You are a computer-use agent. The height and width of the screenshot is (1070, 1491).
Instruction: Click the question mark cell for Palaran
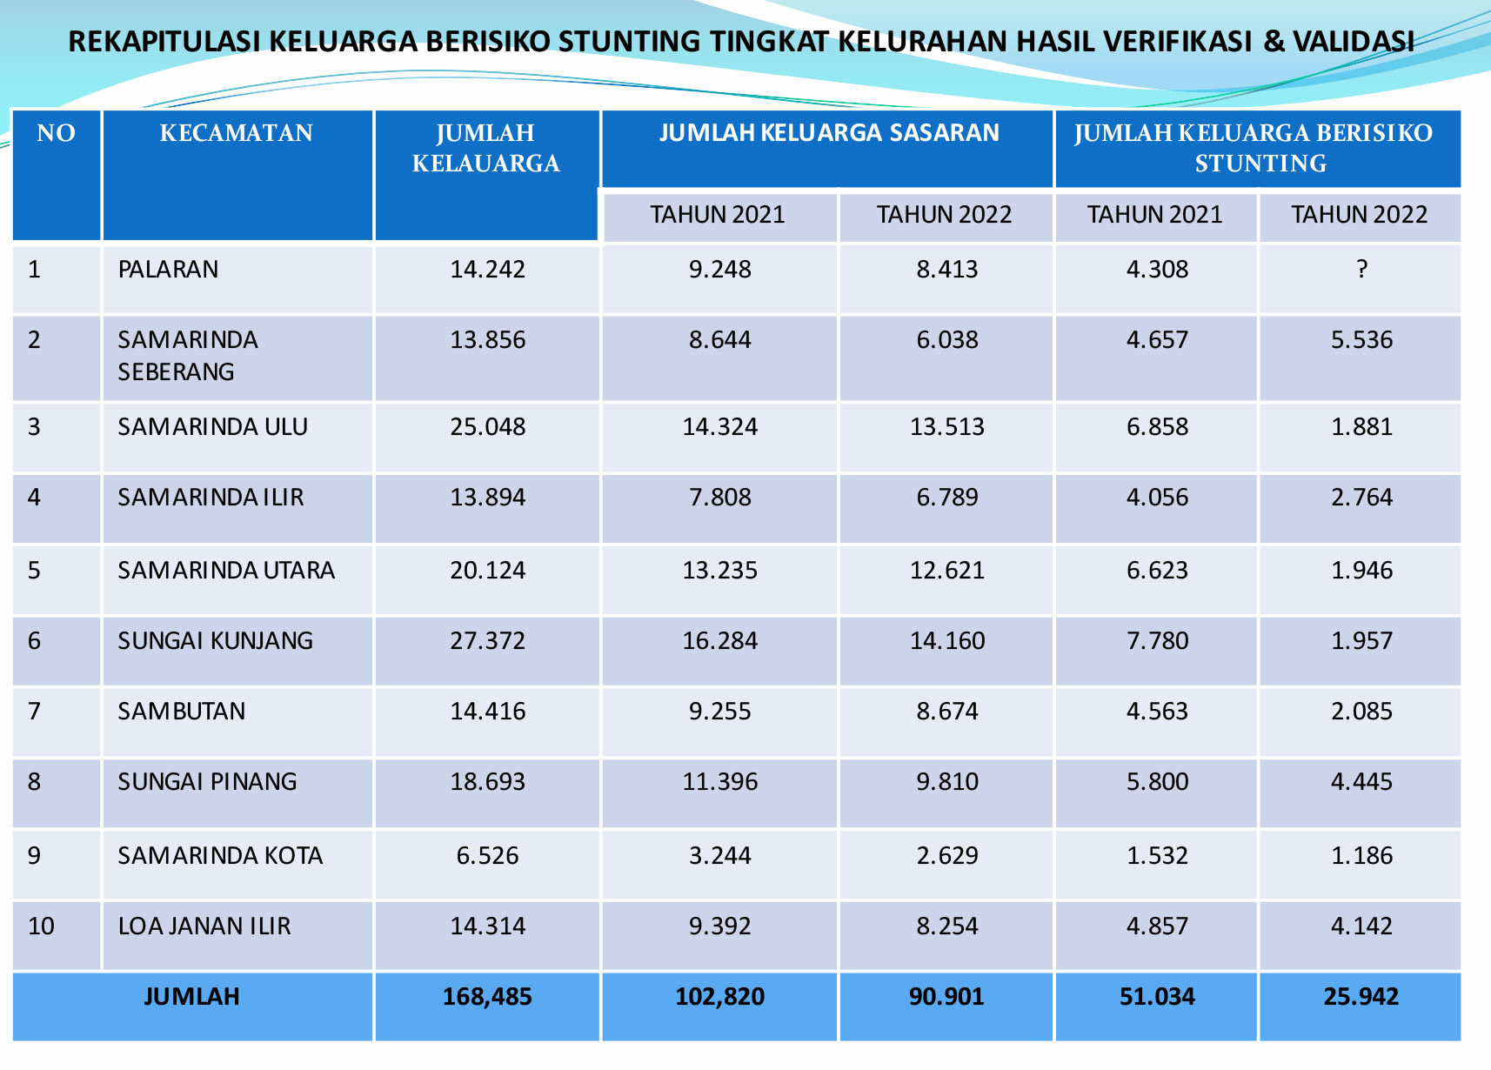tap(1361, 270)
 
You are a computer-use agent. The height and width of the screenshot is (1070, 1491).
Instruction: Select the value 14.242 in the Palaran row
tap(487, 270)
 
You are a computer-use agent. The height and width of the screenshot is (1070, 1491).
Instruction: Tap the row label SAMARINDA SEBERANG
tap(188, 356)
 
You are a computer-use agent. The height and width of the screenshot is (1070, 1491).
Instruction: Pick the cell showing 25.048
tap(487, 427)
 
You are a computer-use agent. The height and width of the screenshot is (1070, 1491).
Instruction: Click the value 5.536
tap(1361, 340)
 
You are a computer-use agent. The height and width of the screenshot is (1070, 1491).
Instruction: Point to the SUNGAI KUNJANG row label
tap(215, 641)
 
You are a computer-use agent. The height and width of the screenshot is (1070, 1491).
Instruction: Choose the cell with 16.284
tap(719, 641)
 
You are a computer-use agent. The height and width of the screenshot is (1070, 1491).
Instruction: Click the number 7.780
tap(1157, 641)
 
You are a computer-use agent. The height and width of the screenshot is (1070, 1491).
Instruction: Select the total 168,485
tap(487, 997)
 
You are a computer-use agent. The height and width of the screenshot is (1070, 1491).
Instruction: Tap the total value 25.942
tap(1361, 997)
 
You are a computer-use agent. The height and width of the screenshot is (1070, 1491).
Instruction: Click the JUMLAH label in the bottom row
tap(191, 997)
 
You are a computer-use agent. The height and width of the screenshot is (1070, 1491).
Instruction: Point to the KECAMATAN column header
tap(236, 133)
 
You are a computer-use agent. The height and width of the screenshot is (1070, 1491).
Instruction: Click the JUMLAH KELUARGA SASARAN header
tap(828, 133)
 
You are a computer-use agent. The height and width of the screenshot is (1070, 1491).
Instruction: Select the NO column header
tap(56, 133)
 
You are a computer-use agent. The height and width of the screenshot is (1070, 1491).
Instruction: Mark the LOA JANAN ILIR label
tap(204, 926)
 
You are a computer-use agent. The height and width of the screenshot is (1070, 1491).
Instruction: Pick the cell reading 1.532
tap(1157, 856)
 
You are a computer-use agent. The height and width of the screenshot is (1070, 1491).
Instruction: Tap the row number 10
tap(41, 926)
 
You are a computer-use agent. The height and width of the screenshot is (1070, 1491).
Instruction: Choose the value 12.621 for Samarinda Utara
tap(946, 571)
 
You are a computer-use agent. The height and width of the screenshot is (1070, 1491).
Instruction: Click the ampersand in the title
tap(1274, 42)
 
